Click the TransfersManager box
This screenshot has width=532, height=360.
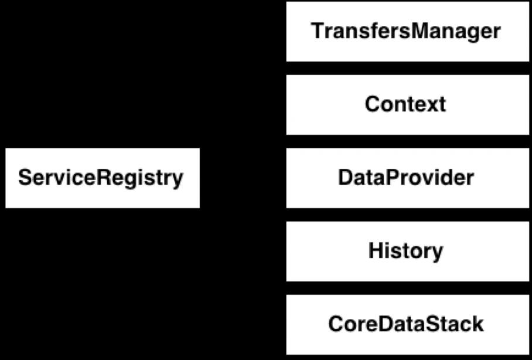pyautogui.click(x=407, y=32)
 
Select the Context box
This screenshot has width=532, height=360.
pyautogui.click(x=407, y=104)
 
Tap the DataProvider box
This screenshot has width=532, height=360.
pyautogui.click(x=407, y=178)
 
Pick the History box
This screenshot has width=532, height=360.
pyautogui.click(x=407, y=252)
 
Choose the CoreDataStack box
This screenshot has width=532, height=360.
pyautogui.click(x=407, y=325)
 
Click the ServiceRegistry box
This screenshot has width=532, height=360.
pyautogui.click(x=103, y=178)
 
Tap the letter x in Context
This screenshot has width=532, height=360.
pyautogui.click(x=429, y=106)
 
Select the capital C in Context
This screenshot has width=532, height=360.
pyautogui.click(x=373, y=104)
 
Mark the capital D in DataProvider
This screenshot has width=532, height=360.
pyautogui.click(x=346, y=178)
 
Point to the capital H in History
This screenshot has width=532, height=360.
pyautogui.click(x=376, y=250)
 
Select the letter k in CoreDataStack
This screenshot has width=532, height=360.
pyautogui.click(x=477, y=324)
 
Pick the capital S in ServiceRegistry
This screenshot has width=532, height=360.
pyautogui.click(x=25, y=178)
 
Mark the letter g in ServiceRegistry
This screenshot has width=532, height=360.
pyautogui.click(x=132, y=181)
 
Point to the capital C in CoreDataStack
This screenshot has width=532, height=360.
pyautogui.click(x=336, y=324)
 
